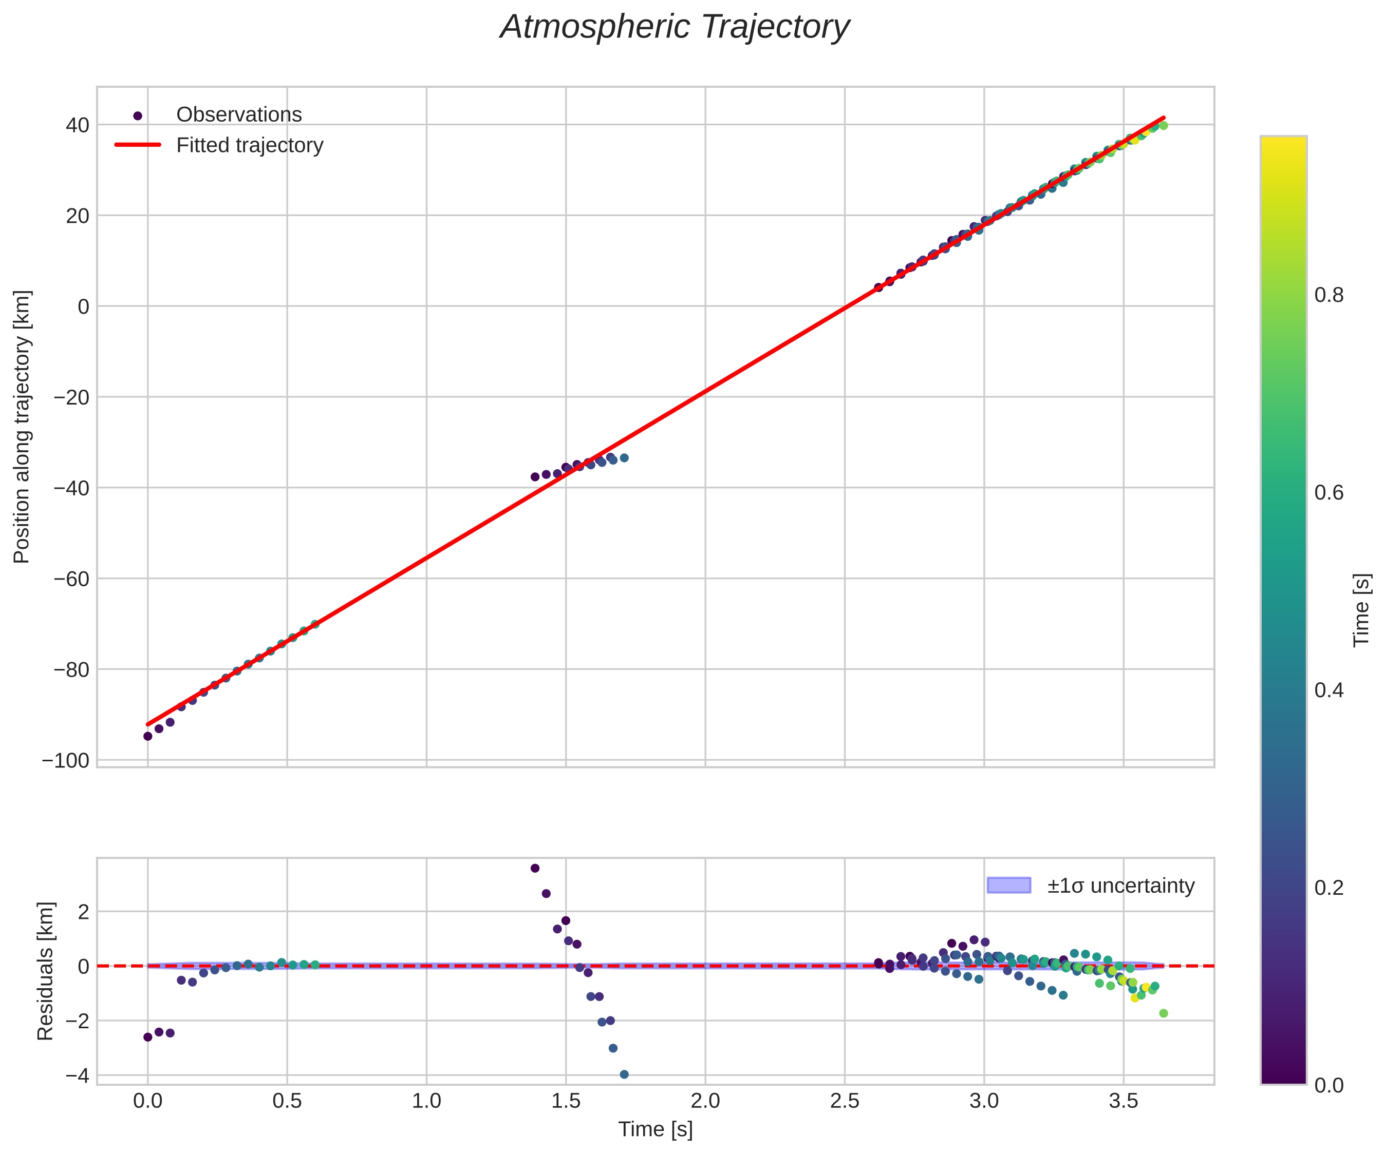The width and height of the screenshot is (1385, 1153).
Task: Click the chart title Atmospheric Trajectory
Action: tap(674, 28)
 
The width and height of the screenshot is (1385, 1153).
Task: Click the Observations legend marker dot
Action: tap(137, 116)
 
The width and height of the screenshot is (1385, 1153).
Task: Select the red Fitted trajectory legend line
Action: tap(137, 145)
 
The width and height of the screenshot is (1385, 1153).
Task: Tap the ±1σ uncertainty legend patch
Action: tap(1008, 886)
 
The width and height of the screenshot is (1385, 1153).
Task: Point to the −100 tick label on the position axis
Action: tap(65, 761)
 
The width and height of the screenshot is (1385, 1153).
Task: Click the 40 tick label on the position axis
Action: tap(77, 125)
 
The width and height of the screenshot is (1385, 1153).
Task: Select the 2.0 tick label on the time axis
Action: tap(705, 1101)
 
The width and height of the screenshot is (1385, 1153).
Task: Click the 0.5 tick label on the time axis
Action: tap(287, 1101)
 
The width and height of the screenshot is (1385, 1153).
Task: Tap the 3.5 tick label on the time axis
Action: tap(1123, 1101)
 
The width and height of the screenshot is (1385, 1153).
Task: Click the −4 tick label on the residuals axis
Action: tap(77, 1075)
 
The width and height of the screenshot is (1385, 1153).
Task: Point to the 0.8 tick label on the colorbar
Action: tap(1329, 295)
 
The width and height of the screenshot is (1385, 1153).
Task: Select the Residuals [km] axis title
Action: tap(45, 971)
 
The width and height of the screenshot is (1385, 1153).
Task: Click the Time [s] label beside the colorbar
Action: tap(1361, 610)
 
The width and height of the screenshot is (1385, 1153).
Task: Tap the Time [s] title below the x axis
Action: tap(655, 1129)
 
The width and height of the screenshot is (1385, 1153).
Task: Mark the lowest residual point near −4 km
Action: tap(624, 1074)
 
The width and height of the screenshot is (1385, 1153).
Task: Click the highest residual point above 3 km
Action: tap(535, 868)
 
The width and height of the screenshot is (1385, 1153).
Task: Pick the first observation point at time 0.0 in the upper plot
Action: tap(148, 736)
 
